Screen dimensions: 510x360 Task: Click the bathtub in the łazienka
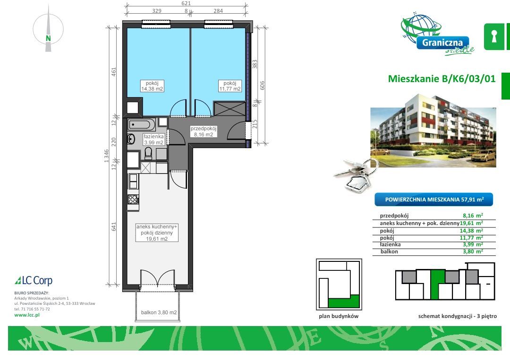point(142,125)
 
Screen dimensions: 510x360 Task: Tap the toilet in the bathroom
point(148,153)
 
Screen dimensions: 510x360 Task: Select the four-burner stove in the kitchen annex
point(133,199)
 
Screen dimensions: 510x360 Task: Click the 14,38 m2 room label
point(152,86)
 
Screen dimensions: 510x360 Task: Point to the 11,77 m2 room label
point(230,86)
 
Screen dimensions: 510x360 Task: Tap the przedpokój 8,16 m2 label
point(204,131)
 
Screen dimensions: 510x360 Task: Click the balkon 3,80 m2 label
point(159,312)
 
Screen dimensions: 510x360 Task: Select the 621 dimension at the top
point(186,3)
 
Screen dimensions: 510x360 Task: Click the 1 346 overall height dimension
point(106,156)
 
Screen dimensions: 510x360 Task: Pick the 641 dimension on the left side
point(114,226)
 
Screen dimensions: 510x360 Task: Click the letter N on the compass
point(48,38)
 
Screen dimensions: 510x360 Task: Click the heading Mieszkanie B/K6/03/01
point(442,79)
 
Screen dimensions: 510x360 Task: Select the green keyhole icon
point(494,36)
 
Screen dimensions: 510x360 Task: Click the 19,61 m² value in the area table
point(471,223)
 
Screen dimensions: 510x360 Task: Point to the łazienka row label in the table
point(390,244)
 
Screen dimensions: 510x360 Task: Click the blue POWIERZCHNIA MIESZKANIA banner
point(434,200)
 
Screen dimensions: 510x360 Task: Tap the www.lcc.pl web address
point(27,315)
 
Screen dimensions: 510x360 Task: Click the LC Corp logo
point(34,280)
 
